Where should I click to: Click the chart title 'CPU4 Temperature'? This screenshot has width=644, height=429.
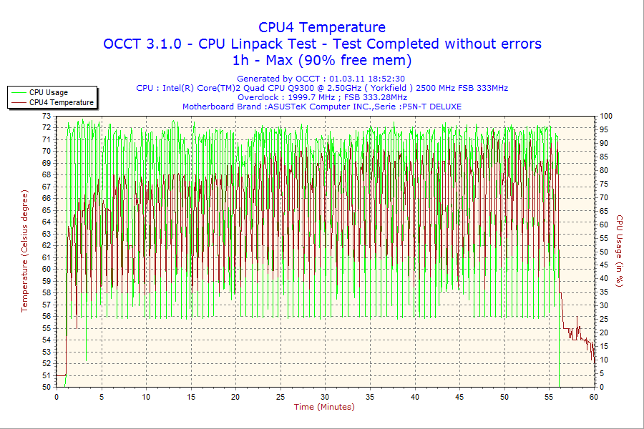(322, 28)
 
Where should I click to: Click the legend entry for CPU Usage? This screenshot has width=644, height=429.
(49, 92)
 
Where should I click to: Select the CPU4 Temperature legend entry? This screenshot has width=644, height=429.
(61, 102)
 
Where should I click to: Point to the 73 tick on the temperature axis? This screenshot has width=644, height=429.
(47, 116)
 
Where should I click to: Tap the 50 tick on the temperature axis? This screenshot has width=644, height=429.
(47, 387)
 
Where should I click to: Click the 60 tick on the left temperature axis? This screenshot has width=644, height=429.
(47, 269)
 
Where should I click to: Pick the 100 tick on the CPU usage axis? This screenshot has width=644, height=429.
(606, 116)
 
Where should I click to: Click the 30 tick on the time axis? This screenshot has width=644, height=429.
(326, 396)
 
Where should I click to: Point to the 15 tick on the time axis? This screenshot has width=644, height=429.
(191, 396)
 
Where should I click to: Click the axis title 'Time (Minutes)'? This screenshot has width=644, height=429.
(324, 407)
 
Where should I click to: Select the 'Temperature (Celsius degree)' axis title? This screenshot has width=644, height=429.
(24, 250)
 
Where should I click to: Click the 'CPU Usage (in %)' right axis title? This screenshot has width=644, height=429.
(620, 250)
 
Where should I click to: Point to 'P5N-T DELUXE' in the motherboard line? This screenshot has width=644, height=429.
(431, 107)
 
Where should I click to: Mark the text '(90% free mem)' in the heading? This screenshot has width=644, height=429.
(355, 60)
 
